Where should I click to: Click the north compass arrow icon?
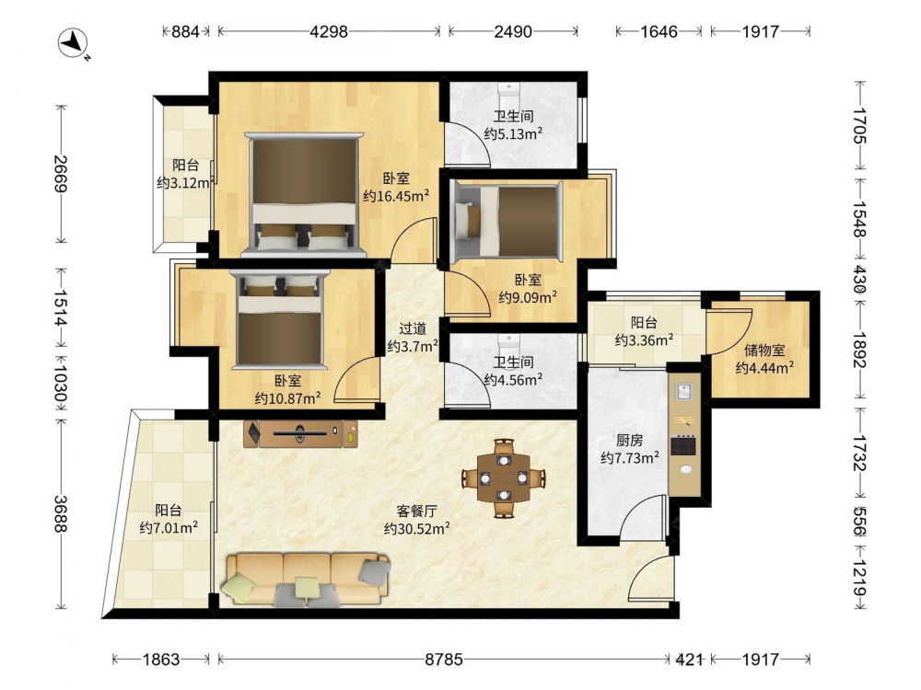74,43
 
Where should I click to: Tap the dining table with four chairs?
504,478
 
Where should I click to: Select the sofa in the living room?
306,579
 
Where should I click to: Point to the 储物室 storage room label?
764,351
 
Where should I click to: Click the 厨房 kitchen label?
629,440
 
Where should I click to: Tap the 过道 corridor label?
413,328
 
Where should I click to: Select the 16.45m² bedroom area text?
396,195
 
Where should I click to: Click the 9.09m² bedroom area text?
528,297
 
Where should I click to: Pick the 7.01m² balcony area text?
169,527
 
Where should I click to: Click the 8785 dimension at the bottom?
444,660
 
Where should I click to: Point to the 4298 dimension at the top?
329,31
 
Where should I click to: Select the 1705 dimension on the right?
859,125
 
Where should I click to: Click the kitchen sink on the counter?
683,391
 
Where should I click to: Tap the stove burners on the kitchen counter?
683,444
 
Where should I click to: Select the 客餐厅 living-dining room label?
416,511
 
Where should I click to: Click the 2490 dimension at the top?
513,31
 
